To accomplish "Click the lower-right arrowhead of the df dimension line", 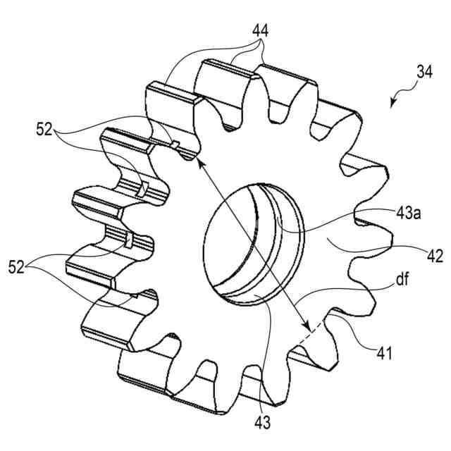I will point(307,328).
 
